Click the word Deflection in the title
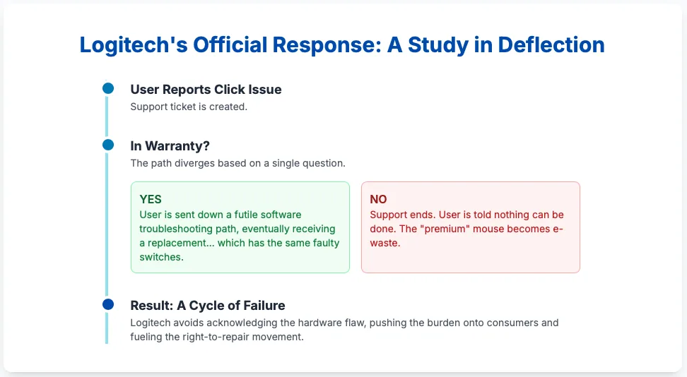pyautogui.click(x=551, y=44)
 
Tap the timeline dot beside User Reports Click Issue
pyautogui.click(x=108, y=88)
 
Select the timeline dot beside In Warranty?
pyautogui.click(x=108, y=145)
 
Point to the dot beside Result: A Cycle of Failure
pyautogui.click(x=108, y=304)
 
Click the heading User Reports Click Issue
pyautogui.click(x=206, y=90)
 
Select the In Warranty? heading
pyautogui.click(x=170, y=146)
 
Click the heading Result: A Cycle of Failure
pyautogui.click(x=208, y=305)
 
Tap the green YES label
pyautogui.click(x=151, y=199)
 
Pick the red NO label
pyautogui.click(x=378, y=199)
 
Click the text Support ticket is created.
pyautogui.click(x=189, y=107)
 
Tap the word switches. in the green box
pyautogui.click(x=161, y=257)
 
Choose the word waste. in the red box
pyautogui.click(x=385, y=243)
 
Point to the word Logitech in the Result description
pyautogui.click(x=151, y=323)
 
